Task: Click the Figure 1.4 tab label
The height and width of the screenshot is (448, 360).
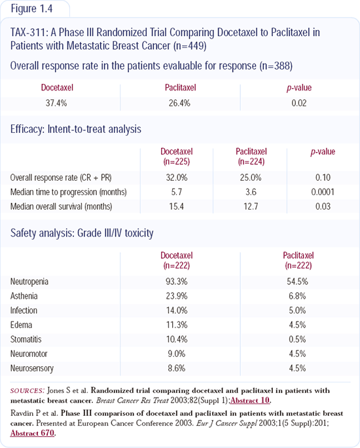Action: [31, 9]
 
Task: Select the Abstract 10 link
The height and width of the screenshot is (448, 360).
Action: [250, 400]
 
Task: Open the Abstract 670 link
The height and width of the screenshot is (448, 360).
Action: [32, 433]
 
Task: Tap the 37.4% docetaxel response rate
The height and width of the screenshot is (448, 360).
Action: [56, 103]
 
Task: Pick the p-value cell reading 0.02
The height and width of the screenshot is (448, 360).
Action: [299, 103]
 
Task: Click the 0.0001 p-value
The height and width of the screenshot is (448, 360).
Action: [323, 192]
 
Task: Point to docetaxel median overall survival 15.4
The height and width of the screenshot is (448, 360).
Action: [177, 206]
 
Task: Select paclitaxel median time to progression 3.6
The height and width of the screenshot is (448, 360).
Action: [251, 192]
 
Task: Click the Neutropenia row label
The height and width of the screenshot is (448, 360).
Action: [29, 282]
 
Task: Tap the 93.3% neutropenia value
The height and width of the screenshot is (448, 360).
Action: [177, 282]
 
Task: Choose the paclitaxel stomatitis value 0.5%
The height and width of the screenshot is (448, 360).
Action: [297, 339]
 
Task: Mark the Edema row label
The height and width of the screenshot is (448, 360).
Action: [21, 325]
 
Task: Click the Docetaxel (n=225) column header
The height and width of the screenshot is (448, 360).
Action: [177, 157]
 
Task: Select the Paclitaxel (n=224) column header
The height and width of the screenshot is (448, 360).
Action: [251, 157]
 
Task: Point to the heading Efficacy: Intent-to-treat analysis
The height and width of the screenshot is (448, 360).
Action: [76, 129]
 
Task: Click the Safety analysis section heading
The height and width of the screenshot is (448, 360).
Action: [82, 233]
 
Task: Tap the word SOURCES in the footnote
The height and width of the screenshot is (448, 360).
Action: [27, 391]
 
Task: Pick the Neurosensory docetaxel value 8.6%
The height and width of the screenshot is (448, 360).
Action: [177, 368]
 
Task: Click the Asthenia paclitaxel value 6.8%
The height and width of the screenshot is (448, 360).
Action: [297, 295]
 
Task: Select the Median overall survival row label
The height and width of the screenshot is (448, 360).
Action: [61, 206]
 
